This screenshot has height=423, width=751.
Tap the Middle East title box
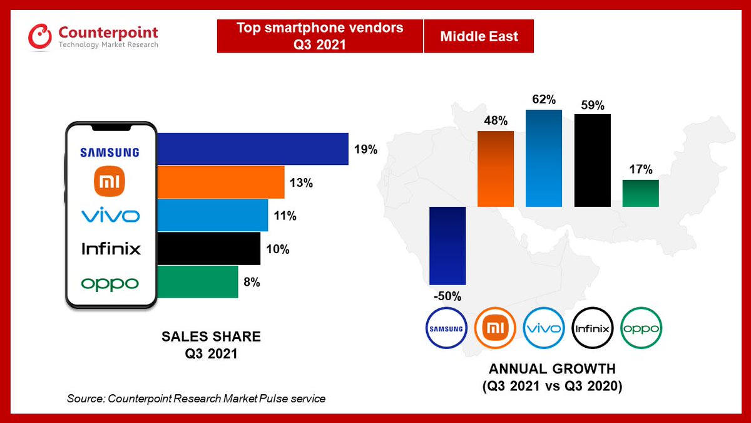479,36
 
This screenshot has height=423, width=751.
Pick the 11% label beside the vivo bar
285,216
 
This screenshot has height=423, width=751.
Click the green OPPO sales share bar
197,281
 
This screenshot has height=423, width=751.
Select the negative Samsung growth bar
447,245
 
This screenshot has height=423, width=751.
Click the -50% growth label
447,295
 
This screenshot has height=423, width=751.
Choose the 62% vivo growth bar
544,158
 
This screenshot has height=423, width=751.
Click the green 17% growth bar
640,193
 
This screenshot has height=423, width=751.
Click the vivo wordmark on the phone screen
111,216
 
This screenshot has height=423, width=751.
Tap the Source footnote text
196,399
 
